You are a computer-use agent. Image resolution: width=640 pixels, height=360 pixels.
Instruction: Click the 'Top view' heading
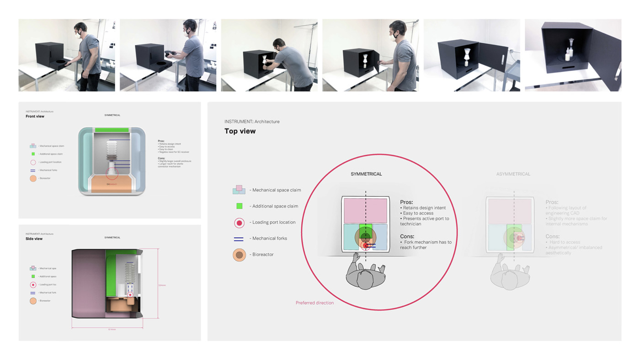click(240, 131)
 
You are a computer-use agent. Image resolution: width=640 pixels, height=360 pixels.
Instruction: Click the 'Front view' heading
click(35, 116)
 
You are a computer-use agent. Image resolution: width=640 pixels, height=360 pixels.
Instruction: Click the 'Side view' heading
click(34, 238)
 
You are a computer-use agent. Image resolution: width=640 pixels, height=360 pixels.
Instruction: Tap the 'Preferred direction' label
click(315, 303)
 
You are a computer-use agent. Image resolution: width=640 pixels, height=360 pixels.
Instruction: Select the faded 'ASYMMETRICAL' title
click(513, 174)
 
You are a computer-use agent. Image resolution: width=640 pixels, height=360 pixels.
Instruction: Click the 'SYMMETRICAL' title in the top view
click(366, 174)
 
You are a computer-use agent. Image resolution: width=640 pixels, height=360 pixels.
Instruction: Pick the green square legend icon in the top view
click(239, 206)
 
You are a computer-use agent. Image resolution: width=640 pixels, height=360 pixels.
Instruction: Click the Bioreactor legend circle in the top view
click(239, 254)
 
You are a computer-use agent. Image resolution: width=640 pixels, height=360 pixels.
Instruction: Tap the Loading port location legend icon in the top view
click(239, 222)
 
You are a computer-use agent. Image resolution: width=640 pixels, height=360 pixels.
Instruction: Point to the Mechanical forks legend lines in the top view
click(239, 238)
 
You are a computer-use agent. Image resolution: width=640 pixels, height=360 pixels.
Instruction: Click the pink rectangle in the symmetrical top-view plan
click(365, 211)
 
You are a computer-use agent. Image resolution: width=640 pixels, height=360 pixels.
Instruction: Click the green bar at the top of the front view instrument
click(112, 130)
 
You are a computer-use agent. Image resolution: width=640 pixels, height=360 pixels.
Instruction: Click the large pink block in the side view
click(89, 283)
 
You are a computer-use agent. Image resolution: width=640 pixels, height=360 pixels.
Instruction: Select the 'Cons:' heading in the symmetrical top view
click(407, 236)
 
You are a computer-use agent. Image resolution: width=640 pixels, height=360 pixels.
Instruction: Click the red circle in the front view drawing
click(112, 173)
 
